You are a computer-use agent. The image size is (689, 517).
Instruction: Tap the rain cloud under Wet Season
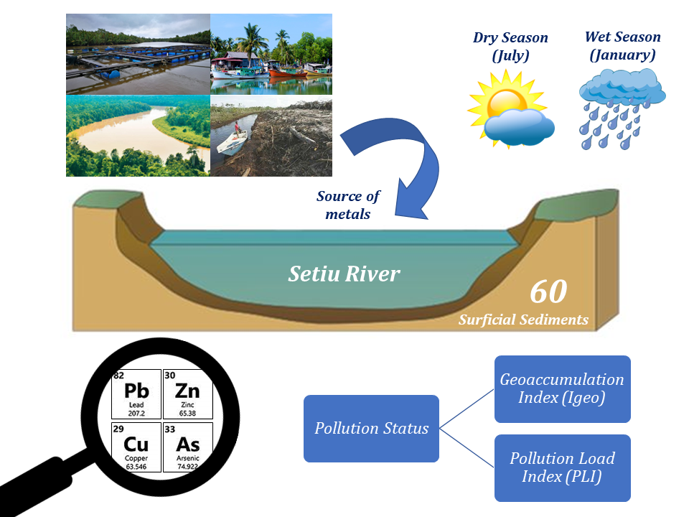[622, 108]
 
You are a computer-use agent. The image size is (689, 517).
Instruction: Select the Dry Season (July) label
[510, 47]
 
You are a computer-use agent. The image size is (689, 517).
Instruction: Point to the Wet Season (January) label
[623, 46]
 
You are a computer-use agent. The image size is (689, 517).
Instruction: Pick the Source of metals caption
[349, 205]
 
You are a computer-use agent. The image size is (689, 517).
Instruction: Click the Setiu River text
[344, 274]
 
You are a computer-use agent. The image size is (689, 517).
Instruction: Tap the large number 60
[548, 291]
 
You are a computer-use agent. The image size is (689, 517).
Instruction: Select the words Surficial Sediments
[523, 320]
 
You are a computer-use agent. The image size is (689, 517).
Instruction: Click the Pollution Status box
[371, 429]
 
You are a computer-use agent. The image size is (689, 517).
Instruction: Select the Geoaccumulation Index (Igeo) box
[562, 388]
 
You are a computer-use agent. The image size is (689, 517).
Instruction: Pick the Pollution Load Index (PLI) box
[562, 467]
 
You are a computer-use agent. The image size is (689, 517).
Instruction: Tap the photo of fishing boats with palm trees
[271, 55]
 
